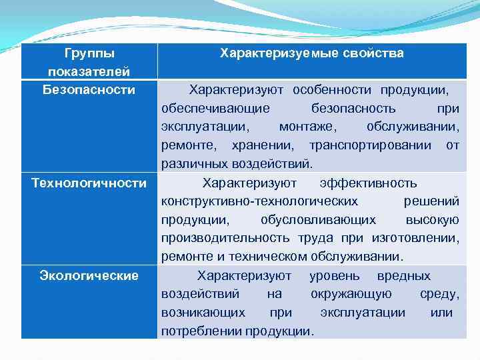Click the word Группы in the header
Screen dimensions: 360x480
[x=89, y=53]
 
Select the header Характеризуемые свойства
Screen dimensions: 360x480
[x=312, y=53]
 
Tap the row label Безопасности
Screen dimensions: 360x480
[x=89, y=89]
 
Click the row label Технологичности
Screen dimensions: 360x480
[x=89, y=183]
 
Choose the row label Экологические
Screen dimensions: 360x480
[x=89, y=275]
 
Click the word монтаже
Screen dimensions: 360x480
[x=308, y=127]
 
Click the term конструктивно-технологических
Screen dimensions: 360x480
[x=259, y=201]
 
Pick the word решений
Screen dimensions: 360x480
[x=431, y=201]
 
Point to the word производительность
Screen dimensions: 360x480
[x=225, y=238]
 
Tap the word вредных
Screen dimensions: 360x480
[x=404, y=275]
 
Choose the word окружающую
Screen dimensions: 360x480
[x=351, y=294]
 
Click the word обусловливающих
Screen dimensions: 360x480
[x=318, y=220]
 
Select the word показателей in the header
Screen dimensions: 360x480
[x=89, y=71]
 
